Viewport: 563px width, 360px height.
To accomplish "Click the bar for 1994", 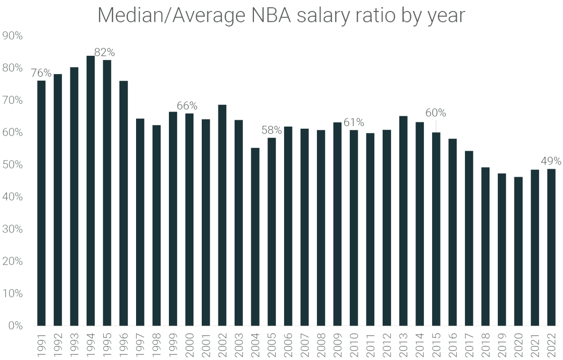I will point(90,191).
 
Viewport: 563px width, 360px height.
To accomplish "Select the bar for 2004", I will point(255,237).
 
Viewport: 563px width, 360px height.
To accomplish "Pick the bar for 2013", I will point(403,221).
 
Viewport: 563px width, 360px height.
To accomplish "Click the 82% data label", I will point(104,52).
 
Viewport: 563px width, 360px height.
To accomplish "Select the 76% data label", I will point(41,72).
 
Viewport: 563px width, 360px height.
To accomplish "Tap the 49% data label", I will point(550,161).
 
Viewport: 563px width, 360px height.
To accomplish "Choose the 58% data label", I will point(271,129).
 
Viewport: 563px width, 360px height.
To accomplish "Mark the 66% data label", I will point(187,106).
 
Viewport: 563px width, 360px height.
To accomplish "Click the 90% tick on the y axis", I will point(13,36).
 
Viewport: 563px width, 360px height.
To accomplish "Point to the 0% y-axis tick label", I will point(15,326).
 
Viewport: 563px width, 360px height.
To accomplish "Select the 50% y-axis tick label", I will point(13,165).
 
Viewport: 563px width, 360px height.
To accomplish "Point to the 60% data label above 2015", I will point(435,113).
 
